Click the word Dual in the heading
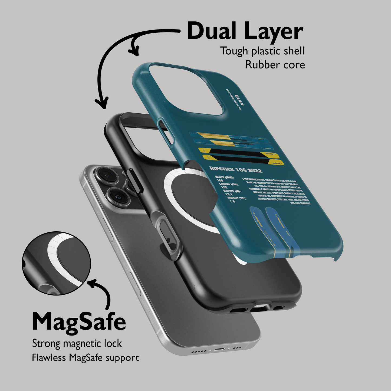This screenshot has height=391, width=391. (213, 31)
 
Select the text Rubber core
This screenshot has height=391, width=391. (275, 65)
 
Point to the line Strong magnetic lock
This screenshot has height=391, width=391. (77, 344)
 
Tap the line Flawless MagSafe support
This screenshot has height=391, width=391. (85, 358)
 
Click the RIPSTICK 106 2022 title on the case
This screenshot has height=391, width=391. (236, 170)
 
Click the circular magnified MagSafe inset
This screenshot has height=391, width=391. (57, 263)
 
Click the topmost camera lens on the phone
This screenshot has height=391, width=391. (104, 176)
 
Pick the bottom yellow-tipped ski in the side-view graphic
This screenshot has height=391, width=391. (244, 161)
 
